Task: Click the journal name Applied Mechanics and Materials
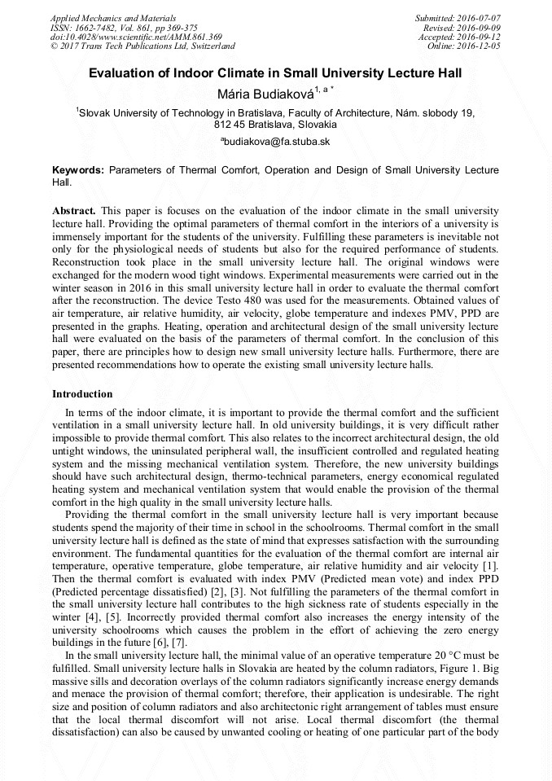(103, 17)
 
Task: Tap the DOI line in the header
(136, 37)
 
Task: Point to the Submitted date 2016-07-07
(458, 17)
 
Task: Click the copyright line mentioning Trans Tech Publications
(142, 46)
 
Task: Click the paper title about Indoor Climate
(275, 73)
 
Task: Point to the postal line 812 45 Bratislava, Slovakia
(275, 125)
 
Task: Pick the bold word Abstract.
(73, 210)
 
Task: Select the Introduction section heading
(82, 393)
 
